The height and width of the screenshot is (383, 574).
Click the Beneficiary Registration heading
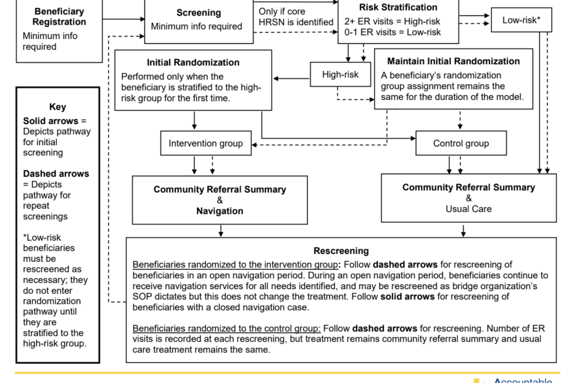point(59,17)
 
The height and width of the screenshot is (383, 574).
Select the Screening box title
point(199,13)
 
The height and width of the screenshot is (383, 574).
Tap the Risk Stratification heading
point(398,7)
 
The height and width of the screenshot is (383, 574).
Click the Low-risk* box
point(522,20)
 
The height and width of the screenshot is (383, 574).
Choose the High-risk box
point(341,74)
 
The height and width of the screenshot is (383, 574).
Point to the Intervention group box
point(206,143)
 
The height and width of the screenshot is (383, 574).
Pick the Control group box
point(461,143)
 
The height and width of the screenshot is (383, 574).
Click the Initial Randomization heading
point(193,62)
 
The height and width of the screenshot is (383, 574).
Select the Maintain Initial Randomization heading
point(454,61)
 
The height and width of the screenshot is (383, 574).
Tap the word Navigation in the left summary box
point(220,211)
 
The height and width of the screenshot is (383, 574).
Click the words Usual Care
point(468,209)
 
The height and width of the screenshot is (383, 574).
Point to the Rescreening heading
point(341,251)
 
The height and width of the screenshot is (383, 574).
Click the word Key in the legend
point(58,107)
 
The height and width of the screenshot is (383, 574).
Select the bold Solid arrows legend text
point(51,121)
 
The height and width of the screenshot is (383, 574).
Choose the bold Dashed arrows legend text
point(56,174)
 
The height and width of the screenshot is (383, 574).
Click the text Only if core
point(282,12)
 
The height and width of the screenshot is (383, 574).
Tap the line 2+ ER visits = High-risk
point(392,22)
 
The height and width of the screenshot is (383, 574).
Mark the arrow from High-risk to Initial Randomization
point(292,78)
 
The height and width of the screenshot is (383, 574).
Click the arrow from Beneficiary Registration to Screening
point(123,19)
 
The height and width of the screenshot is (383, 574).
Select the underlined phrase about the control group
point(227,329)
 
